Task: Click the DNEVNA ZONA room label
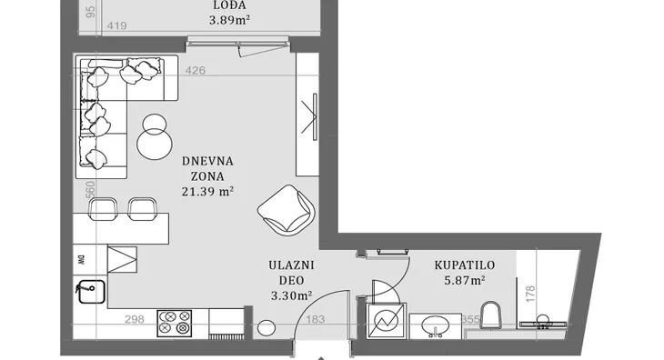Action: click(x=207, y=168)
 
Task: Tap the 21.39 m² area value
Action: click(x=208, y=191)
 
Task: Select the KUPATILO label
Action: click(x=465, y=265)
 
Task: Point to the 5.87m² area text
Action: click(x=465, y=280)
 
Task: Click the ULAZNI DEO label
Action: click(x=291, y=273)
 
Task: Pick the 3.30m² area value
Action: click(x=291, y=295)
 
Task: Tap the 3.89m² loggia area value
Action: click(x=229, y=20)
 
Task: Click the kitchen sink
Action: click(x=92, y=292)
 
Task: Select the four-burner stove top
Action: click(x=175, y=324)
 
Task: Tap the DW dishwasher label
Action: click(x=81, y=259)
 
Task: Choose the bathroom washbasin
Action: click(x=436, y=325)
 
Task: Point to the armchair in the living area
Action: click(x=287, y=210)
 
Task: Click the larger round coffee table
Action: click(x=155, y=144)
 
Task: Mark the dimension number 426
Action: click(x=196, y=70)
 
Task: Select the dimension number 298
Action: click(x=135, y=319)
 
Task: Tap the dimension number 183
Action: click(x=315, y=319)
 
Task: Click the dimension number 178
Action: click(x=530, y=294)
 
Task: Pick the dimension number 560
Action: click(x=90, y=189)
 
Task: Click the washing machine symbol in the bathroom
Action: click(x=386, y=321)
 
